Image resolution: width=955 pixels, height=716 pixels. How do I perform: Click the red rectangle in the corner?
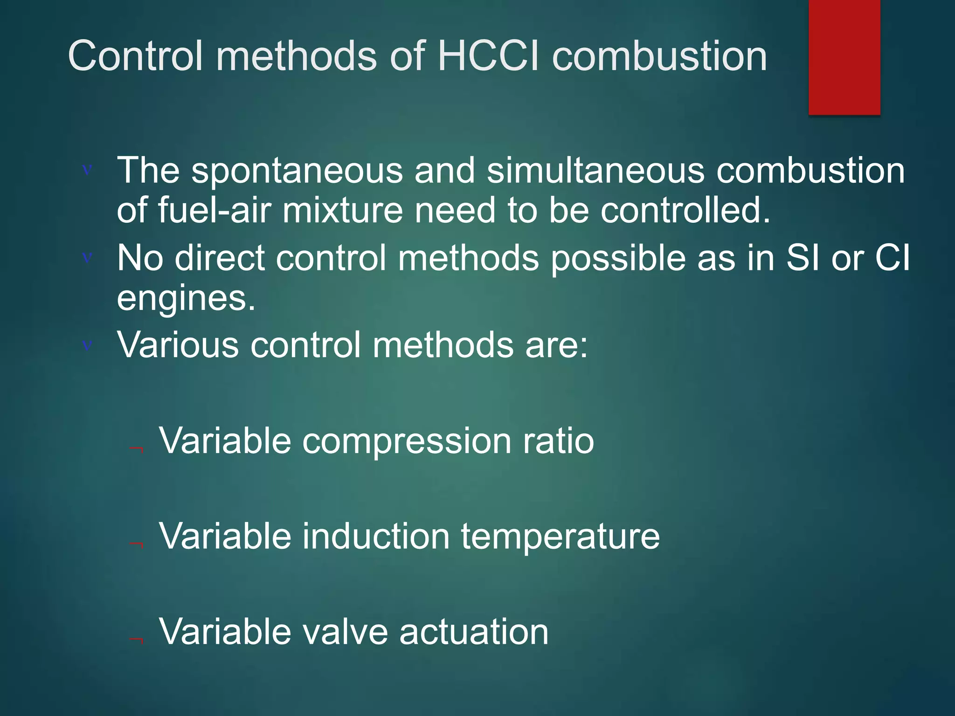click(844, 57)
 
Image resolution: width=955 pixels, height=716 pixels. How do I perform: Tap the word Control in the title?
click(136, 56)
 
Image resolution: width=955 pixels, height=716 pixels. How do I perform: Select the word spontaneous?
click(297, 171)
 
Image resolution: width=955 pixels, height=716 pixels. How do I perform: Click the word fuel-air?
click(214, 211)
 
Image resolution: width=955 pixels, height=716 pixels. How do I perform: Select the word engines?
click(186, 299)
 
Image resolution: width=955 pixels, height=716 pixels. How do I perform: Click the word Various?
click(178, 345)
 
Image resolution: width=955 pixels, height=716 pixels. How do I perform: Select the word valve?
click(345, 632)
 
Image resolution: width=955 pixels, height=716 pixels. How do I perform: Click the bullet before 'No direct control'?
click(87, 257)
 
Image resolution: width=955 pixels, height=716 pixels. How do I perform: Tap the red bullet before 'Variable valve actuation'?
click(137, 640)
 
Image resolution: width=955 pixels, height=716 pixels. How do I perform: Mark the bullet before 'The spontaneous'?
click(87, 170)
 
